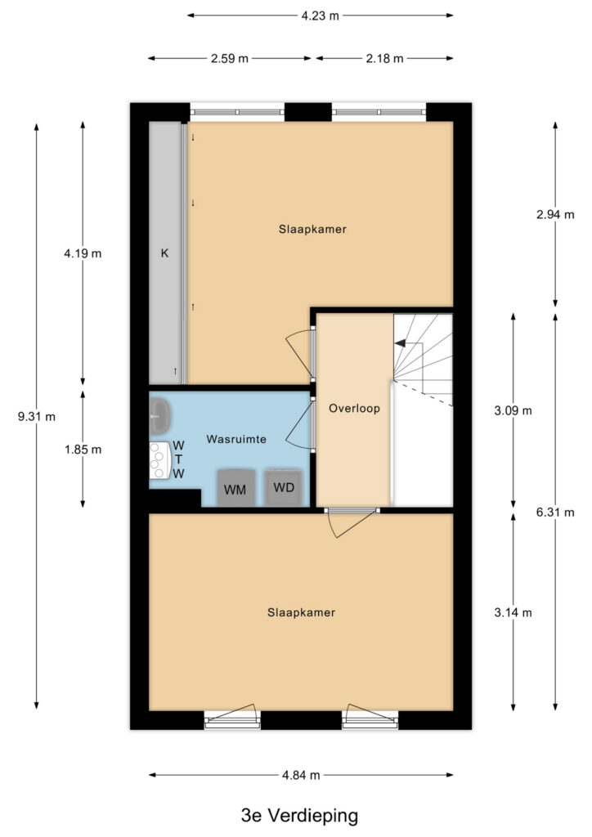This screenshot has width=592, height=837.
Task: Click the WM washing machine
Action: [x=235, y=488]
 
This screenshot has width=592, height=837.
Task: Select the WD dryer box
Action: [x=284, y=487]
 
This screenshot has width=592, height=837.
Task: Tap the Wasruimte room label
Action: [x=236, y=439]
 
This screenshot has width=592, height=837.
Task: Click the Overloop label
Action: [x=354, y=409]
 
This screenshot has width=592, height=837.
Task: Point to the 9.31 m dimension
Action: [x=36, y=417]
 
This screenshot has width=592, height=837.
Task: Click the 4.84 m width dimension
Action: [x=301, y=775]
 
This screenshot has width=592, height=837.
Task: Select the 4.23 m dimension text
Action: [x=321, y=16]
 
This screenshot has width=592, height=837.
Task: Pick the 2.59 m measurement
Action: [x=230, y=59]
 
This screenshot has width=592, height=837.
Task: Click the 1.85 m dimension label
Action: [x=83, y=450]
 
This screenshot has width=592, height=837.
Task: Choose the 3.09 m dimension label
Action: [x=513, y=410]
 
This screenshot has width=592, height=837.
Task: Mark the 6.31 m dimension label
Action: [x=555, y=512]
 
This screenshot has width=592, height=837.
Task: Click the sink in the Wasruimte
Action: [x=159, y=416]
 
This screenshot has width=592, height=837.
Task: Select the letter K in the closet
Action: [x=165, y=253]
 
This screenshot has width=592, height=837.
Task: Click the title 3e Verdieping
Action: [x=299, y=815]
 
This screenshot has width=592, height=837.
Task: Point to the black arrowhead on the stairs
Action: [x=400, y=344]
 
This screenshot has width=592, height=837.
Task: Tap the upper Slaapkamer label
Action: [x=312, y=229]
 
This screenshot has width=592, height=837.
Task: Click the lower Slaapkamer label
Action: [x=301, y=612]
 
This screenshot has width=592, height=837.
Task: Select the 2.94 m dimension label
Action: [x=555, y=215]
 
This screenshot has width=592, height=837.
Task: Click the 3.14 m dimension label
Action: [x=513, y=612]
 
